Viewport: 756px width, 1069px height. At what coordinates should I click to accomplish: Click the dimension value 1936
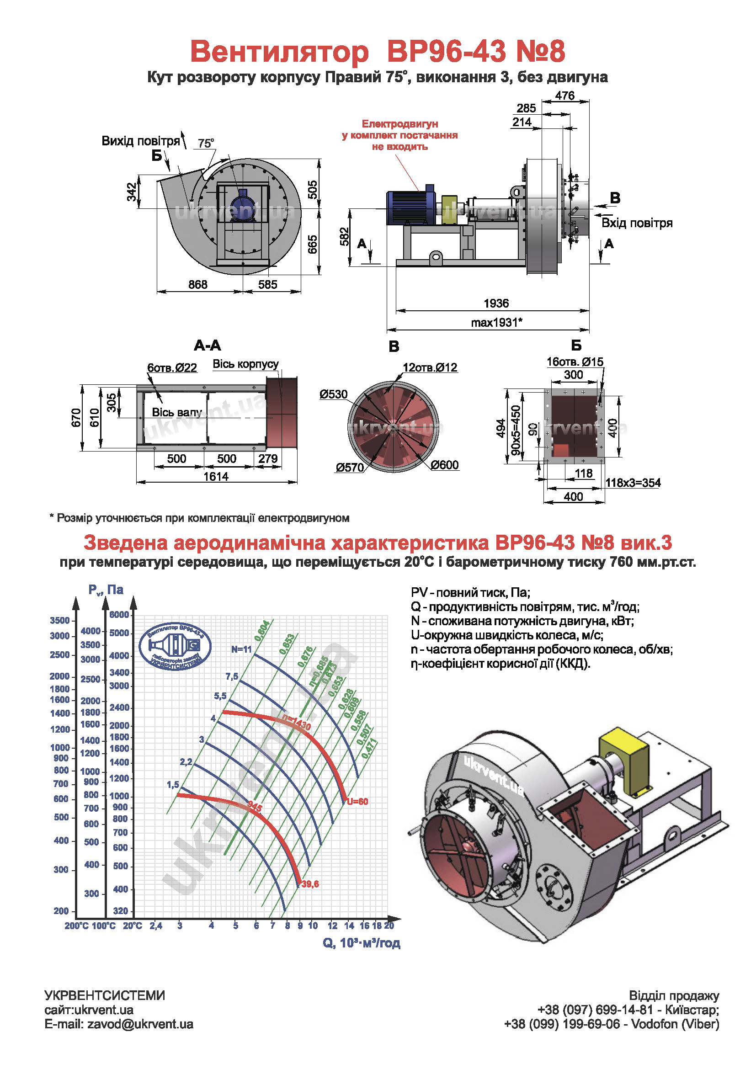pyautogui.click(x=496, y=303)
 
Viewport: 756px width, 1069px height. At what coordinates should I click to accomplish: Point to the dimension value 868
pyautogui.click(x=198, y=284)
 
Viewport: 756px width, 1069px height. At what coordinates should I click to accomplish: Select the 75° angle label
pyautogui.click(x=206, y=143)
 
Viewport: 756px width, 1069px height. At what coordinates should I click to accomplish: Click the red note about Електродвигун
pyautogui.click(x=399, y=135)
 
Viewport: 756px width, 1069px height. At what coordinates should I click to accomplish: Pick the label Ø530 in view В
pyautogui.click(x=333, y=394)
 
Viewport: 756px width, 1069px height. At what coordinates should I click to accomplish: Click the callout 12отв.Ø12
pyautogui.click(x=430, y=367)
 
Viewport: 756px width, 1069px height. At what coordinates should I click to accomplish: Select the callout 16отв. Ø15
pyautogui.click(x=575, y=362)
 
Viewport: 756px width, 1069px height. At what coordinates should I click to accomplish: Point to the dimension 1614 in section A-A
pyautogui.click(x=216, y=476)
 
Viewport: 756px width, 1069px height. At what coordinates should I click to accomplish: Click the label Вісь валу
pyautogui.click(x=177, y=412)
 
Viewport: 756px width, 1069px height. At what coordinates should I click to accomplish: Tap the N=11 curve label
pyautogui.click(x=242, y=649)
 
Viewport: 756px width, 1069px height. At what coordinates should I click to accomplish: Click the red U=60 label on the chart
pyautogui.click(x=357, y=801)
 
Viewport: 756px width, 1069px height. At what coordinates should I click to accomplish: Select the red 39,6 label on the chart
pyautogui.click(x=310, y=884)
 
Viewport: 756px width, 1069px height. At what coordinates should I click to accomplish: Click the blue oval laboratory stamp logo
pyautogui.click(x=175, y=647)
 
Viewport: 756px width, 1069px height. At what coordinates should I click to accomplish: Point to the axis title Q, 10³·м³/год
pyautogui.click(x=361, y=943)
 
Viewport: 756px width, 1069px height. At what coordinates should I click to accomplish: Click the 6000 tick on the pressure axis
pyautogui.click(x=119, y=615)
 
